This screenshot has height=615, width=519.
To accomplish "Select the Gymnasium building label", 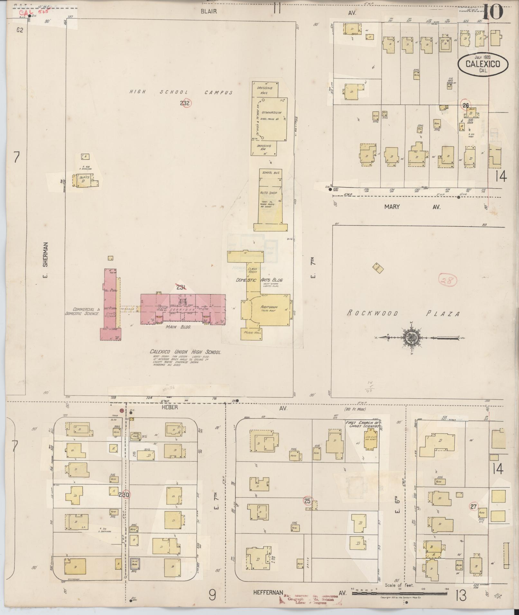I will [x=271, y=113].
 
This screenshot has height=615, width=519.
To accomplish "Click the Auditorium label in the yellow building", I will [x=269, y=308].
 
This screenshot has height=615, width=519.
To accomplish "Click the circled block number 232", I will [x=185, y=103].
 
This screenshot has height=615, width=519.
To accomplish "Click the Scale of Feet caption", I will [x=399, y=585].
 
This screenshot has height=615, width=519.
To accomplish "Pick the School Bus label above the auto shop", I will [x=271, y=173].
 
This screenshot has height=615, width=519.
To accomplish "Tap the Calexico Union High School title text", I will [x=185, y=352].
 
